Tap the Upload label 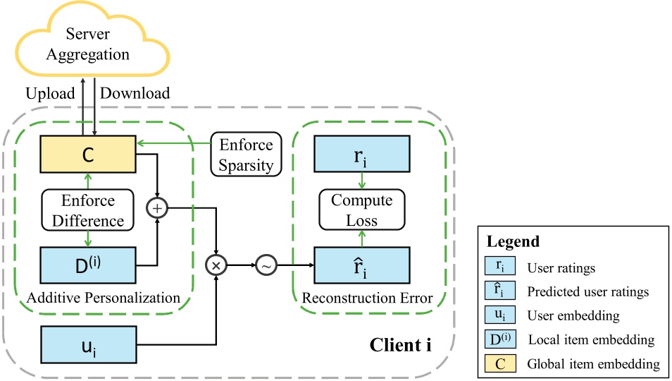coord(50,93)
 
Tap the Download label coord(135,93)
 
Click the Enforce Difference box coord(88,210)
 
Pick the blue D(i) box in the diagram coord(88,265)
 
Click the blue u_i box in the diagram coord(88,346)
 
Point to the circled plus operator coord(156,208)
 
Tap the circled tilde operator coord(266,265)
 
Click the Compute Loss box coord(362,210)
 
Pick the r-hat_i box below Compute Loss coord(362,265)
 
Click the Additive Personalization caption coord(104,298)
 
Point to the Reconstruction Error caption coord(367,298)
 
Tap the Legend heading coord(513,241)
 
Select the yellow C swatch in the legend coord(500,364)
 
